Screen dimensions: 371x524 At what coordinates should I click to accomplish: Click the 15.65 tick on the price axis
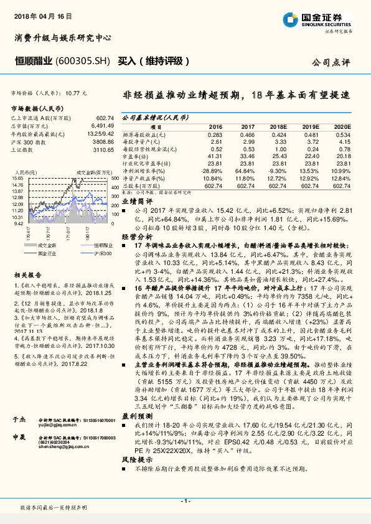(18, 178)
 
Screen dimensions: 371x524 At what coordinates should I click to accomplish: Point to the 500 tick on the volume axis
(115, 178)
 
